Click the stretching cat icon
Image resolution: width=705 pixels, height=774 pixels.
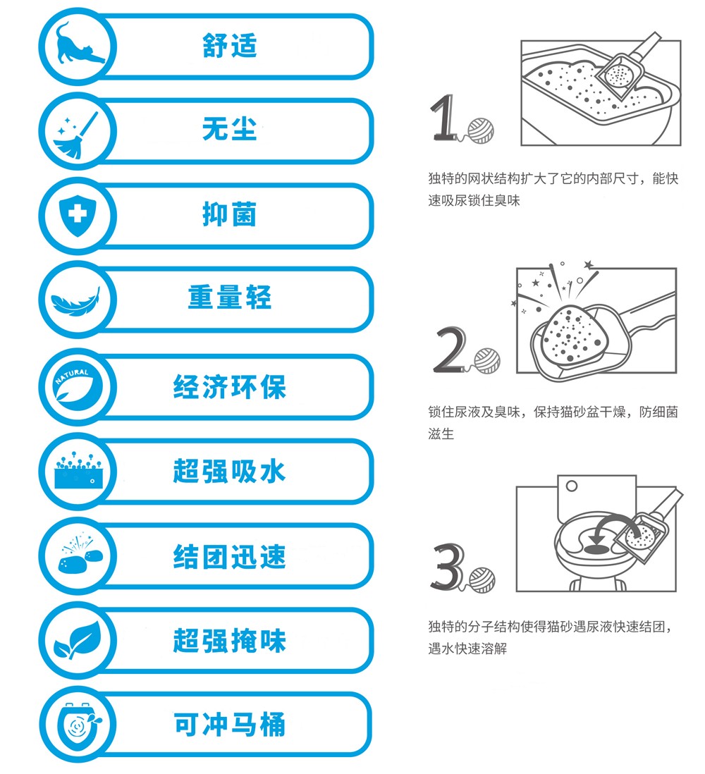point(77,46)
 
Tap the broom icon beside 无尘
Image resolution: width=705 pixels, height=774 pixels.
point(77,132)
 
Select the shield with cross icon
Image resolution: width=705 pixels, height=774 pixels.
point(77,216)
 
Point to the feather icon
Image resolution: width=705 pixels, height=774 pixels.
point(77,301)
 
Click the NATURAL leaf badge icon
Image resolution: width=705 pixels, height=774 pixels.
point(77,386)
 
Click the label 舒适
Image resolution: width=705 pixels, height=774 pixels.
point(229,46)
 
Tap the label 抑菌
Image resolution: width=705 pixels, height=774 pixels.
point(229,215)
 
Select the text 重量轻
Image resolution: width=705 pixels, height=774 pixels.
point(229,299)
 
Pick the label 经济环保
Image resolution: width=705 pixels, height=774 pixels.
point(229,387)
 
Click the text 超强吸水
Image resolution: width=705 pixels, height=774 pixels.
point(229,471)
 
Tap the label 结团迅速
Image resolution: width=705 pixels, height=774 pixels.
point(229,556)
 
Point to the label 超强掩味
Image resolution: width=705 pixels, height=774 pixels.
point(229,641)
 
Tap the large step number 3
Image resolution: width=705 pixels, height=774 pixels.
point(447,567)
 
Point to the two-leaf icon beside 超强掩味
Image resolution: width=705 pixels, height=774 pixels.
point(77,639)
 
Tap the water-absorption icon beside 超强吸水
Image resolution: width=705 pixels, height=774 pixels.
point(77,471)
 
